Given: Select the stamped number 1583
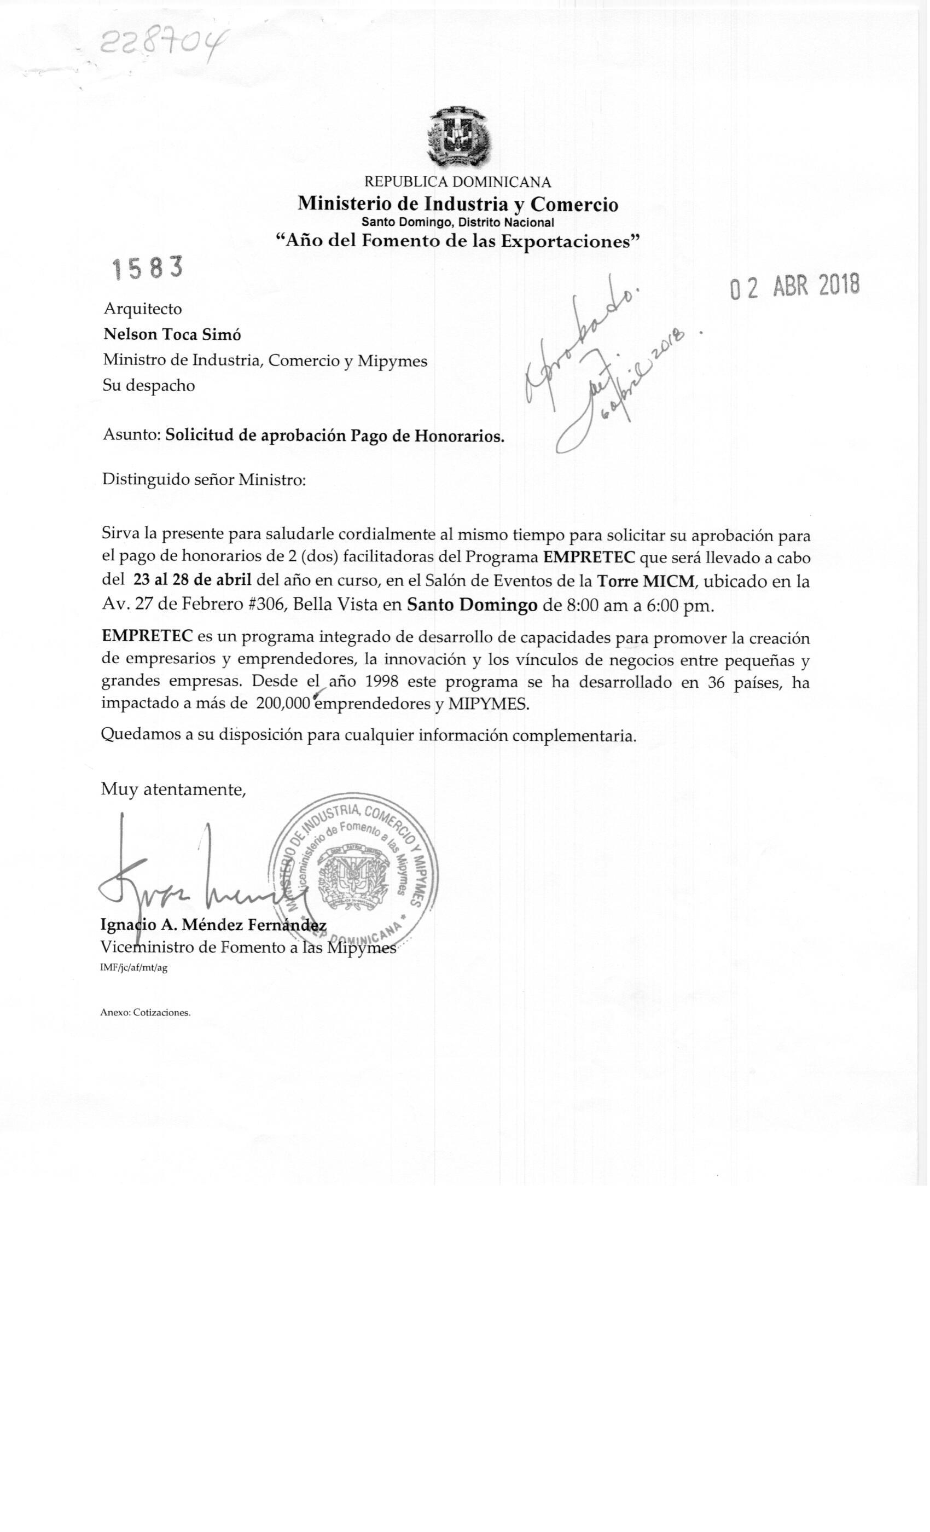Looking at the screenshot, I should [x=148, y=269].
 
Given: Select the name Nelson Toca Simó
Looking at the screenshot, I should [x=172, y=334].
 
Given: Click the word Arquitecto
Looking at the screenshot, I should [x=142, y=309].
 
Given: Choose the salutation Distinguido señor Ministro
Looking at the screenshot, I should [x=204, y=480].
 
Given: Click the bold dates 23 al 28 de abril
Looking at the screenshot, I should [x=192, y=580].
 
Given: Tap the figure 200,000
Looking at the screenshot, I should [x=283, y=705].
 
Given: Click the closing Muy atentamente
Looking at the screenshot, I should [x=173, y=790].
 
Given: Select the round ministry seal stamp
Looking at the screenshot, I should [x=354, y=877].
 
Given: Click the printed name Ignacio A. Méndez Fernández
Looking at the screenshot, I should [x=213, y=925].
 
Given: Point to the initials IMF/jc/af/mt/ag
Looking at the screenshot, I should [x=133, y=968].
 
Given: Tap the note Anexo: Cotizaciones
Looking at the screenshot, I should [x=146, y=1013].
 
